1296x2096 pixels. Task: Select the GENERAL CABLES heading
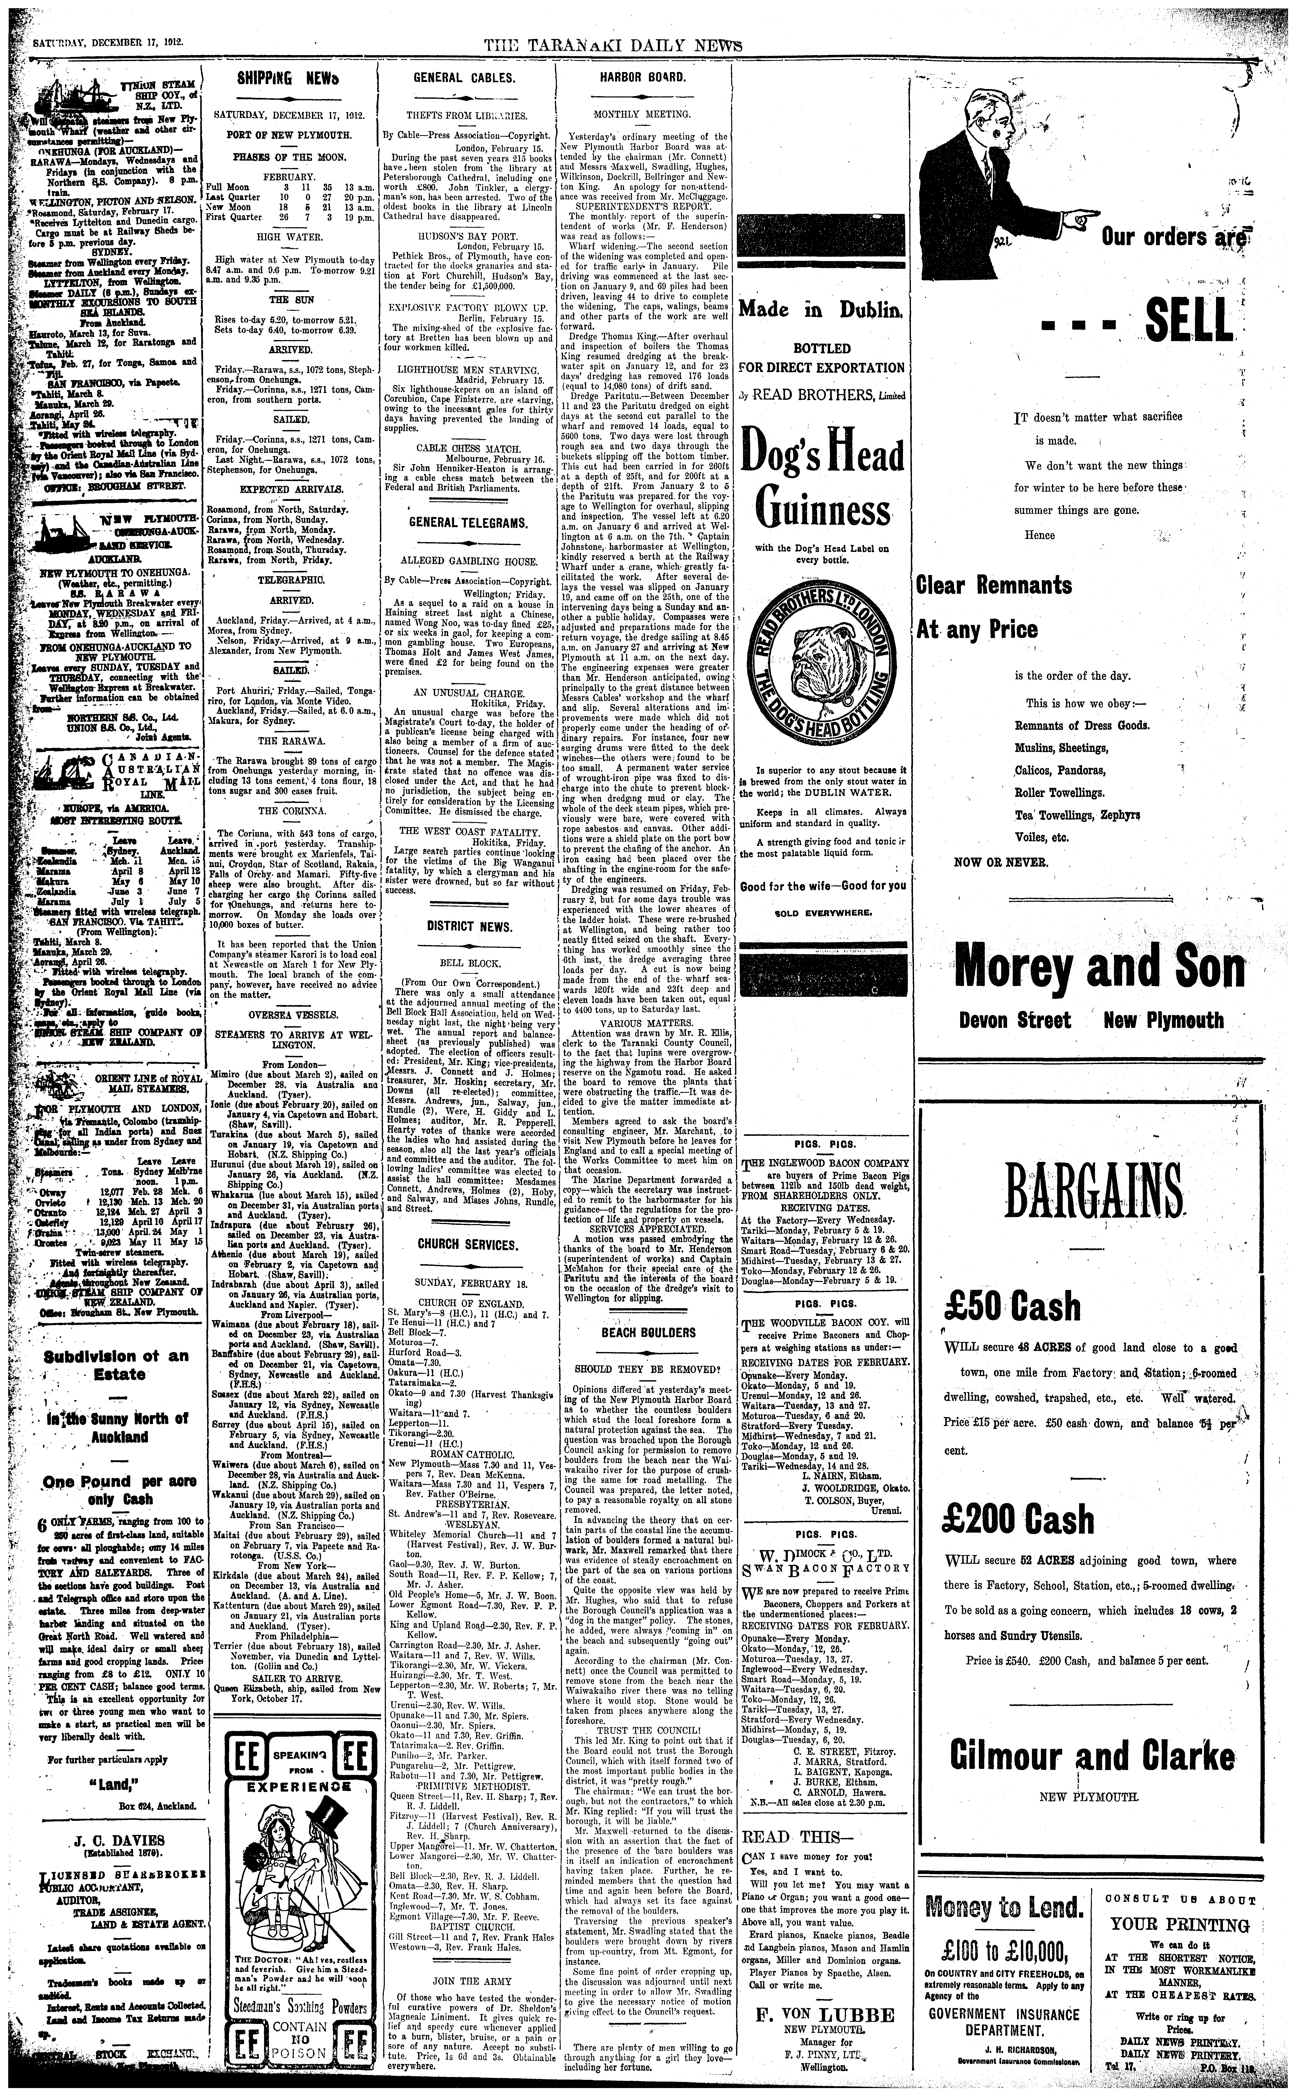pos(464,78)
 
